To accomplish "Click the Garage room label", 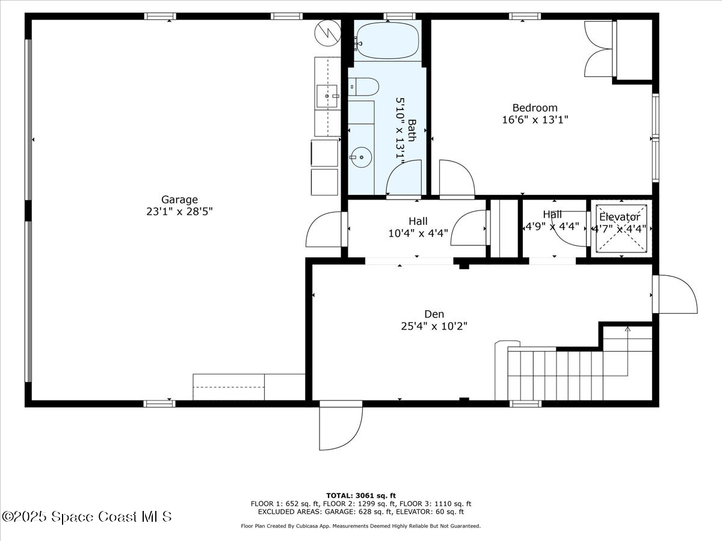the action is pyautogui.click(x=179, y=200).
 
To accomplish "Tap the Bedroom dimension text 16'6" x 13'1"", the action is pyautogui.click(x=535, y=120).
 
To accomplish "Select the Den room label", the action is pyautogui.click(x=434, y=314).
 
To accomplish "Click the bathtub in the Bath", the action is pyautogui.click(x=388, y=41).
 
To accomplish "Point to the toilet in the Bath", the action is pyautogui.click(x=363, y=87).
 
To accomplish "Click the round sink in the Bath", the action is pyautogui.click(x=361, y=157).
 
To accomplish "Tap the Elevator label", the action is pyautogui.click(x=619, y=217).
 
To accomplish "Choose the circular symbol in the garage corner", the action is pyautogui.click(x=328, y=33).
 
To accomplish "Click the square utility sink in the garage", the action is pyautogui.click(x=327, y=96).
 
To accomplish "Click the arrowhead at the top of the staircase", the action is pyautogui.click(x=628, y=329).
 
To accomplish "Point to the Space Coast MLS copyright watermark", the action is pyautogui.click(x=87, y=517).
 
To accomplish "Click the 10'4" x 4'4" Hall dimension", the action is pyautogui.click(x=418, y=233).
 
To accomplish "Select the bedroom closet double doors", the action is pyautogui.click(x=599, y=49).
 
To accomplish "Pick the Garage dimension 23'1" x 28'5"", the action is pyautogui.click(x=179, y=212).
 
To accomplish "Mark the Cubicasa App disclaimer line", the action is pyautogui.click(x=361, y=526).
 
